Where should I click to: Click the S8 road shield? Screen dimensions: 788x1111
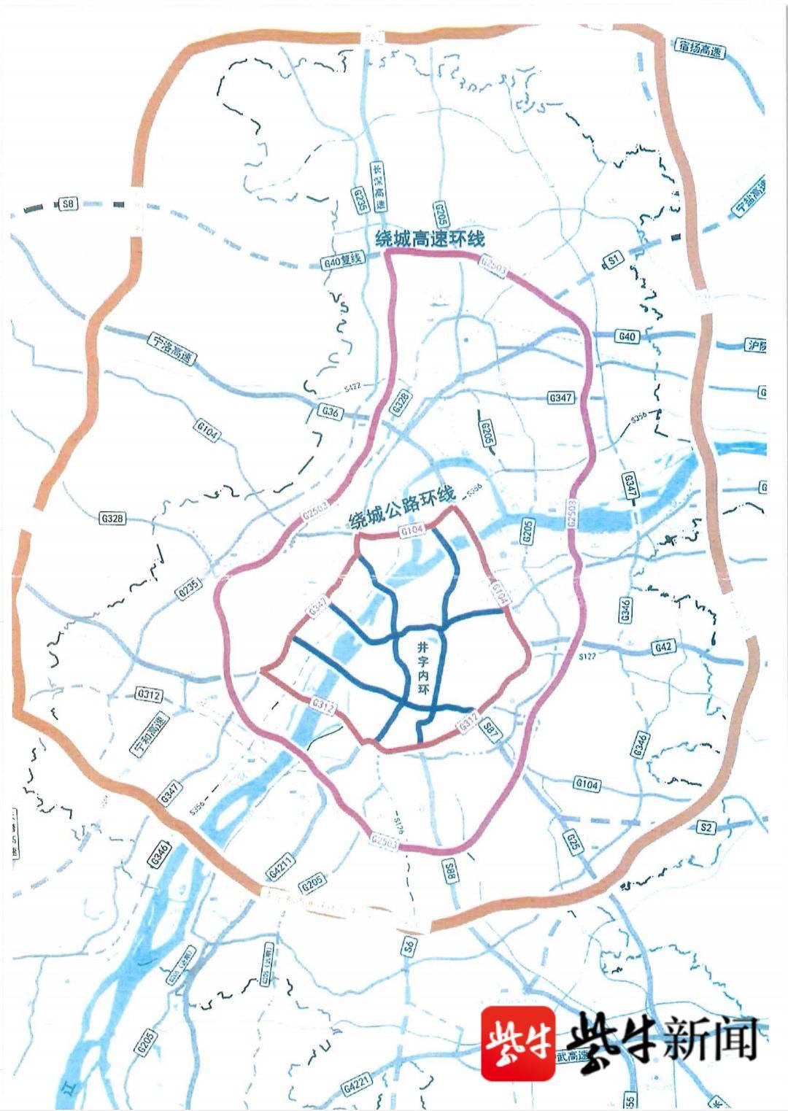(68, 204)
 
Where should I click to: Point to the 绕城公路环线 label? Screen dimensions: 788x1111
(402, 506)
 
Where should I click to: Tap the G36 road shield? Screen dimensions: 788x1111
(330, 413)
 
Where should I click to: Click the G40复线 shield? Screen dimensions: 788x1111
(341, 260)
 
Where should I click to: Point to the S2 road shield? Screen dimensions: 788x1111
(705, 827)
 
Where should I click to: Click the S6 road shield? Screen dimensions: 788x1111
(409, 947)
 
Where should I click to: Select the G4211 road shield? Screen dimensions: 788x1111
(280, 870)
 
